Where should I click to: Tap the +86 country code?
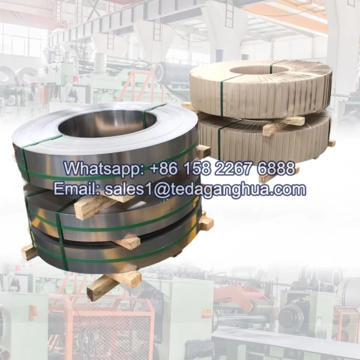[x=164, y=168]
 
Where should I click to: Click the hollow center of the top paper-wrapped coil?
[x=253, y=71]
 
